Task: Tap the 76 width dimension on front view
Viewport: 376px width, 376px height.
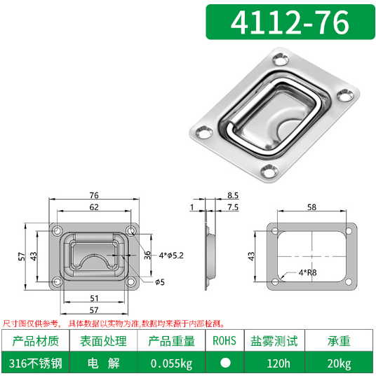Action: pos(93,197)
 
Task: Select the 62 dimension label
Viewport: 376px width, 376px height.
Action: pos(93,208)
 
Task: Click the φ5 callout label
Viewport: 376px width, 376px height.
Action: pos(160,281)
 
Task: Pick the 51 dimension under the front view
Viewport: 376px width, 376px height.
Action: pos(93,298)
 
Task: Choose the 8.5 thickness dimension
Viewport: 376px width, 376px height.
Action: pos(233,197)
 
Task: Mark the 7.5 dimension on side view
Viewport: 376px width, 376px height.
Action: pos(233,208)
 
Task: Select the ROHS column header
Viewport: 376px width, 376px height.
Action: pos(224,341)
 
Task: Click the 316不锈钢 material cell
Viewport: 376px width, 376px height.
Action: pos(35,363)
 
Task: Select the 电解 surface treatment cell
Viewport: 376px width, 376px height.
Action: pos(103,363)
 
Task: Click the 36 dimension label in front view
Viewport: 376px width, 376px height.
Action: pos(147,254)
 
